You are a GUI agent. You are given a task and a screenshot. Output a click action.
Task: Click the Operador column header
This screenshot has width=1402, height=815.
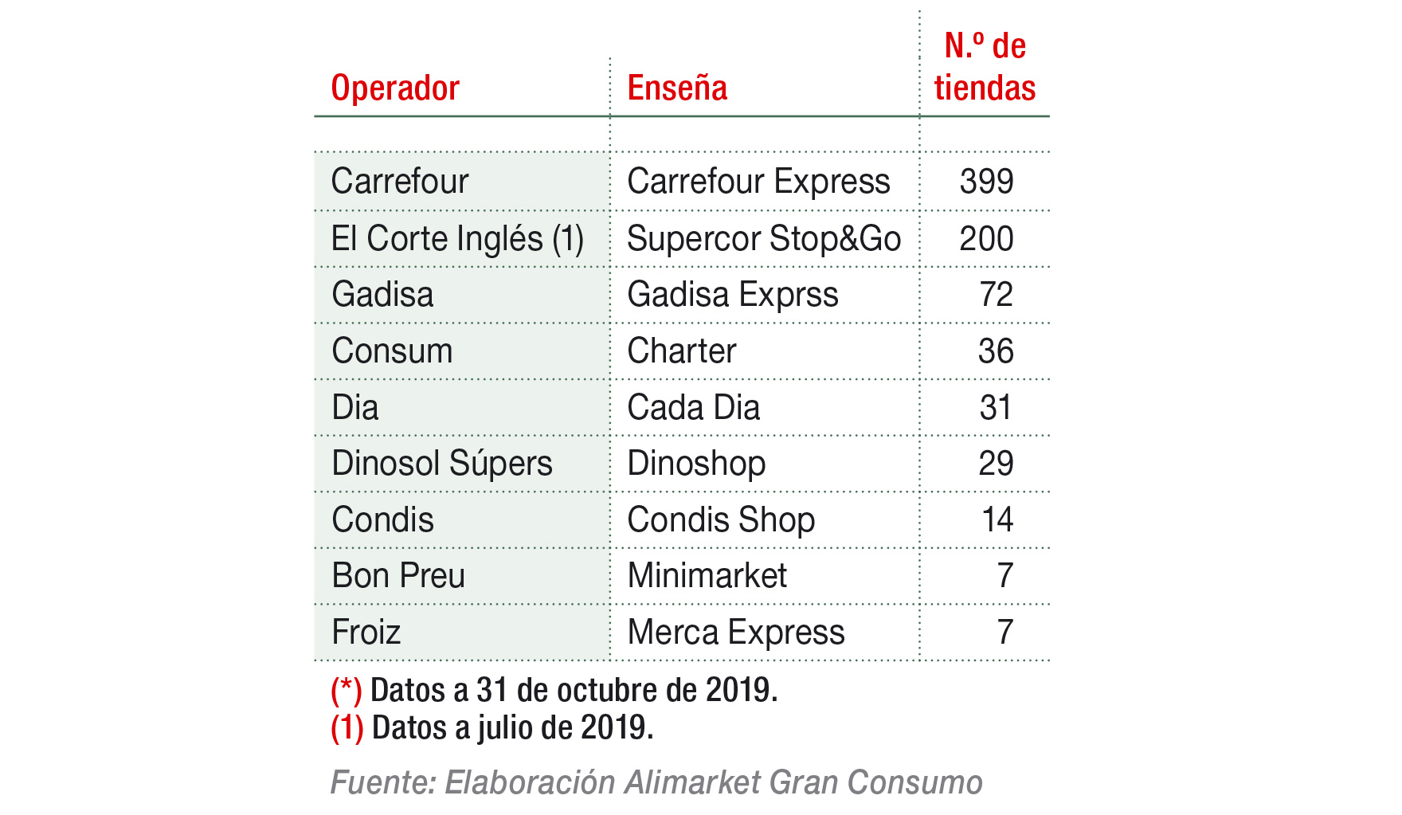click(x=395, y=88)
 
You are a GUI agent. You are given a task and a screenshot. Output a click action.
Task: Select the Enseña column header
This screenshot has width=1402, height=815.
click(x=677, y=88)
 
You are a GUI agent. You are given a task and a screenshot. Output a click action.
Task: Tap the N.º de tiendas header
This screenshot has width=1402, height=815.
click(x=985, y=67)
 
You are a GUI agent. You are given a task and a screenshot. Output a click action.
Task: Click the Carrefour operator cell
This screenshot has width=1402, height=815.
click(x=400, y=182)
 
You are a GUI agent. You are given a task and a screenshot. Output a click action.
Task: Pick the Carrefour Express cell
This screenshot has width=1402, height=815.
click(x=758, y=182)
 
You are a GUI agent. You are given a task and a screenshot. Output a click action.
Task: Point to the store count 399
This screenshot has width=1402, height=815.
click(x=986, y=182)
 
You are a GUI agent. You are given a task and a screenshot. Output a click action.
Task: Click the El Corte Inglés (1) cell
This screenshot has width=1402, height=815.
click(x=457, y=239)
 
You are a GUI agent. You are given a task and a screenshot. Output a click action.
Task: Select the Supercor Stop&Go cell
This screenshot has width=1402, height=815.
click(x=764, y=239)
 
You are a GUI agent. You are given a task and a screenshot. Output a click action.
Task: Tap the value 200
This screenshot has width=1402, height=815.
click(x=986, y=239)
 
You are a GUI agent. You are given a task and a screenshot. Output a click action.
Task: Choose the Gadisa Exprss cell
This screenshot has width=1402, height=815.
click(x=733, y=295)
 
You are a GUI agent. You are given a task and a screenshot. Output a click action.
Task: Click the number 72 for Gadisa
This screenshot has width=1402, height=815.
click(x=996, y=295)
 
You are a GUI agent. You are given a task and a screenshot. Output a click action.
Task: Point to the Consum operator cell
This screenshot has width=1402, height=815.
click(x=392, y=351)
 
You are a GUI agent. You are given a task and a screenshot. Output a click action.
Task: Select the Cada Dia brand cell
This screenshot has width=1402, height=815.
click(x=694, y=408)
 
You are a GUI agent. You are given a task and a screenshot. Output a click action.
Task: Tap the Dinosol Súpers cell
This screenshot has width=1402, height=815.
click(x=442, y=464)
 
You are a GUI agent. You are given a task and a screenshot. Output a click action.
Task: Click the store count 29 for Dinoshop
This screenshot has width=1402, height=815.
click(x=996, y=464)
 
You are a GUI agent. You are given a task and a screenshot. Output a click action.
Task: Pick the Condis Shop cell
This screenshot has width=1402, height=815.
click(x=721, y=520)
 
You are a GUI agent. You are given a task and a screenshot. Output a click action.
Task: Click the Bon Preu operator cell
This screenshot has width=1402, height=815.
click(x=398, y=576)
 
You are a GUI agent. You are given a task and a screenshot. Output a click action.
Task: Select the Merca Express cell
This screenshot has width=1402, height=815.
click(x=736, y=633)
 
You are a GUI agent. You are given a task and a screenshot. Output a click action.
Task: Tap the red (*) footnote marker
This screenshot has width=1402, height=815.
click(x=347, y=691)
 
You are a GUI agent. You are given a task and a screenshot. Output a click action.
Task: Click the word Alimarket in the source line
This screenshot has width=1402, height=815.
click(x=692, y=782)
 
